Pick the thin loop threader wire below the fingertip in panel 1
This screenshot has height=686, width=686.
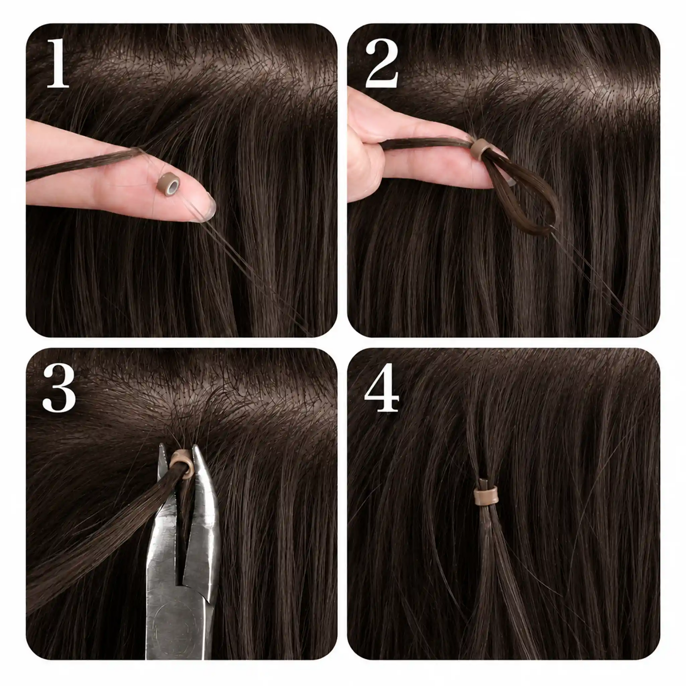point(248,267)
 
